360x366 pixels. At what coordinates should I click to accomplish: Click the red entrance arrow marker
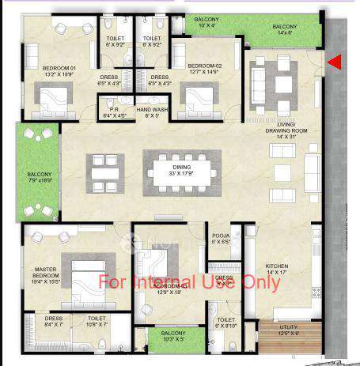335,62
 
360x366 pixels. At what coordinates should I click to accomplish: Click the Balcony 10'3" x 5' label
173,336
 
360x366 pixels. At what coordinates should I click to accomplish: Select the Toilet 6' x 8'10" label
225,323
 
